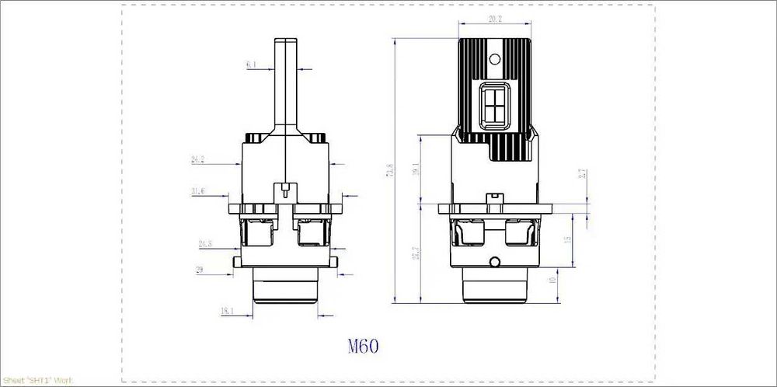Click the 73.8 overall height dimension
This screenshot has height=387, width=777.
pos(389,170)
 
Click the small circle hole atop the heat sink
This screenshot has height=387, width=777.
pos(495,58)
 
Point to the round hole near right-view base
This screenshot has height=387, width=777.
pos(495,261)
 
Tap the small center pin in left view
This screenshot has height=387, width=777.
pos(285,188)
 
